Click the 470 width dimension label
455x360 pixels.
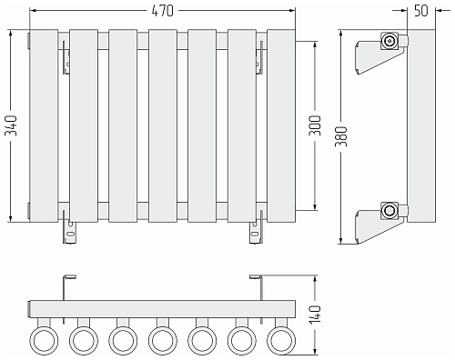point(162,11)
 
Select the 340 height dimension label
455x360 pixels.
point(12,125)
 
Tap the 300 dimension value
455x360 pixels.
point(315,125)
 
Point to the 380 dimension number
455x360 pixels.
point(341,136)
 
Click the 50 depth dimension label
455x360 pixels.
point(420,11)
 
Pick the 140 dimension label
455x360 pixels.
point(315,315)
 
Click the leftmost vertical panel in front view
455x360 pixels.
point(44,125)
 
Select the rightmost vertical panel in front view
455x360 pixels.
point(281,125)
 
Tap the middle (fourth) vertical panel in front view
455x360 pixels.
point(163,125)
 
